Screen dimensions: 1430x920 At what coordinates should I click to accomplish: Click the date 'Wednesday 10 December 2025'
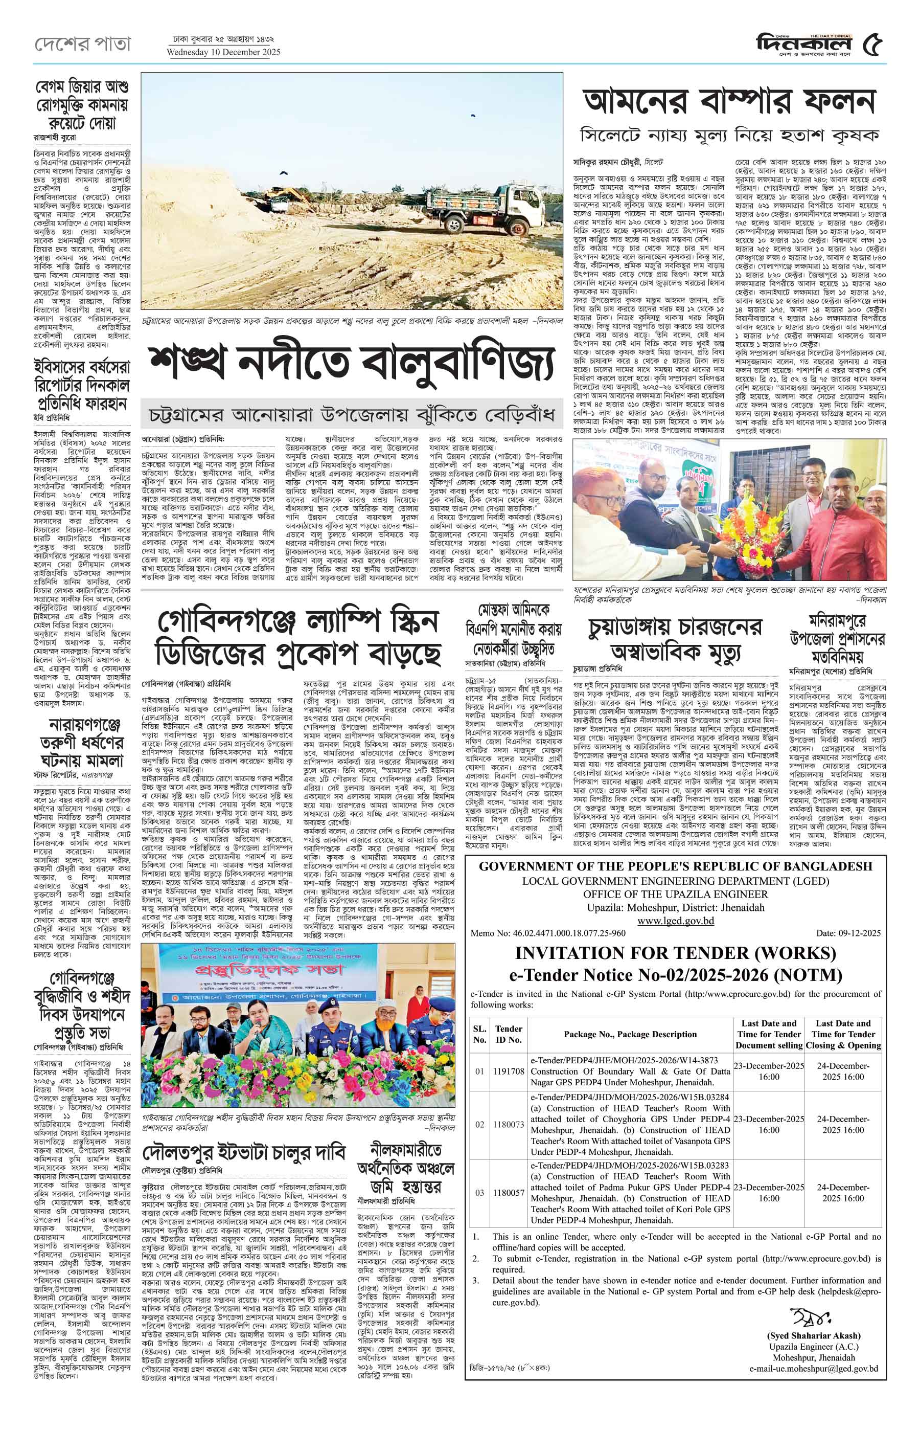[223, 53]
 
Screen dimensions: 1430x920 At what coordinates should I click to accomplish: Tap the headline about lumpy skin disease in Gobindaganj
[298, 637]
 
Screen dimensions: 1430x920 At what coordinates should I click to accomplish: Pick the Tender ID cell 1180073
[509, 1125]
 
